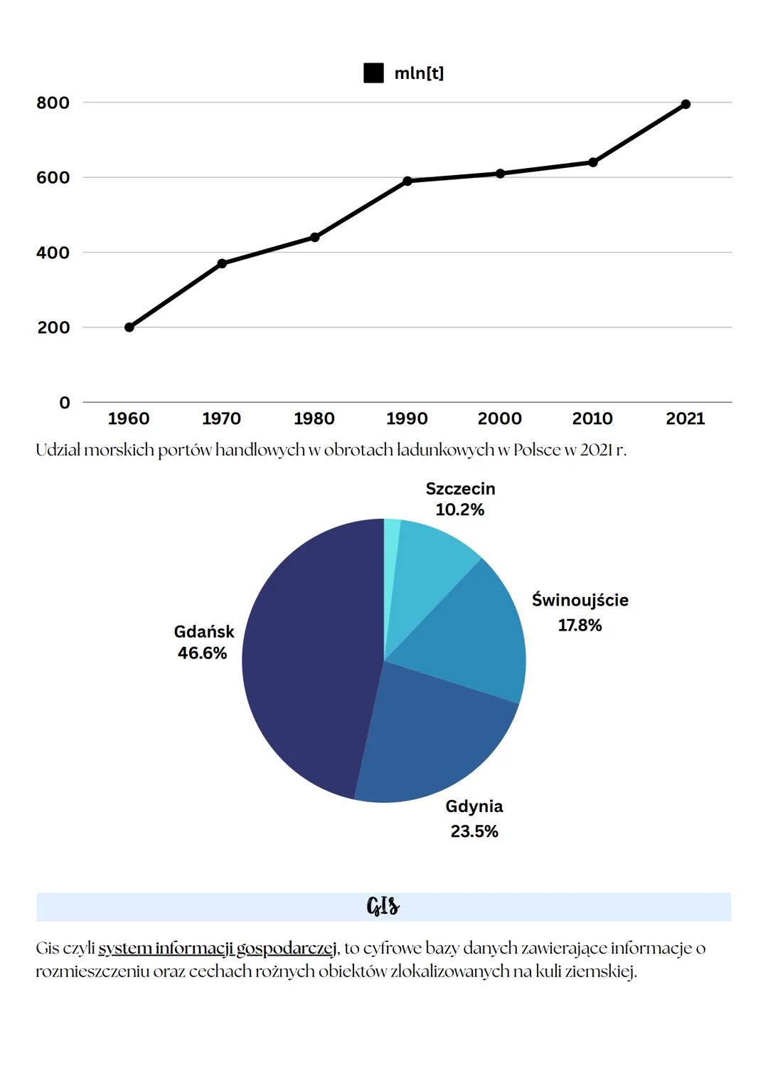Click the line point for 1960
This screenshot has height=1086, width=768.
[x=129, y=327]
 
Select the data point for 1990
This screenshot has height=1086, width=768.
[x=407, y=181]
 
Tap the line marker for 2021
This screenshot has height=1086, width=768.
[x=686, y=104]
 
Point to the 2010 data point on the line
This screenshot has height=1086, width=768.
[x=593, y=162]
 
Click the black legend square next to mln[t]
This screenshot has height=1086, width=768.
[x=373, y=73]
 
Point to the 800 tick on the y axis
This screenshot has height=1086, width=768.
[x=53, y=103]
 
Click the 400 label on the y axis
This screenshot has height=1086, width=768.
[x=53, y=253]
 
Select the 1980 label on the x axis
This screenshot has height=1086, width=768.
[x=314, y=418]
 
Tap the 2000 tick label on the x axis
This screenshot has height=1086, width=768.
[x=500, y=418]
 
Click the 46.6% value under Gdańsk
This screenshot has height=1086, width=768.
[x=203, y=653]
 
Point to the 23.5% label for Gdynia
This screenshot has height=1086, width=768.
[x=474, y=831]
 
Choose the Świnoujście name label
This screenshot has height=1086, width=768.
[x=580, y=600]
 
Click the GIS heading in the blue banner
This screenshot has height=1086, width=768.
[x=383, y=907]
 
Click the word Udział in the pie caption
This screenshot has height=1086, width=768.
[x=58, y=450]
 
